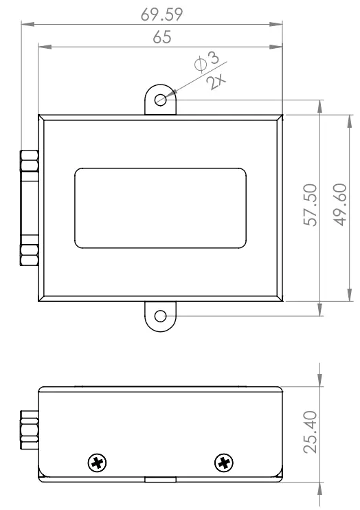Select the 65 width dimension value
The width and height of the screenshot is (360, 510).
click(x=162, y=38)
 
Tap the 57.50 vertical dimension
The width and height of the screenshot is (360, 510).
click(x=310, y=205)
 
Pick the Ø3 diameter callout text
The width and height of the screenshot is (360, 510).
click(x=207, y=64)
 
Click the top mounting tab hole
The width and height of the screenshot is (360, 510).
click(x=160, y=100)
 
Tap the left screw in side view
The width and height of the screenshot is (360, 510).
click(x=99, y=463)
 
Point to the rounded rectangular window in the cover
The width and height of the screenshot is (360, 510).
click(x=161, y=208)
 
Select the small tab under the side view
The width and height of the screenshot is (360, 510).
click(x=160, y=480)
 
